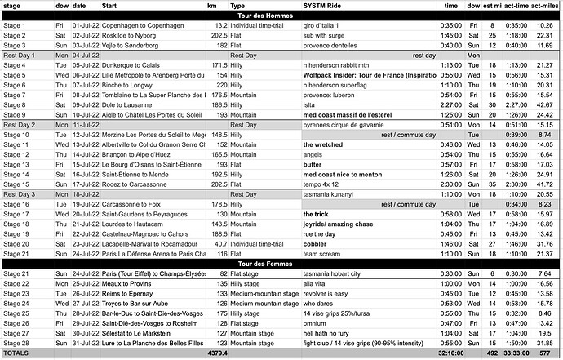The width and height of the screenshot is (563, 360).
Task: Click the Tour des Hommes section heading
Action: tap(281, 16)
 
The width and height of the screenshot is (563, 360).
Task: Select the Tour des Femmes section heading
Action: tap(281, 263)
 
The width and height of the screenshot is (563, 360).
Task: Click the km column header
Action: tap(212, 7)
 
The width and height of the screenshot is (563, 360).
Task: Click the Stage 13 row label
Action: tap(16, 164)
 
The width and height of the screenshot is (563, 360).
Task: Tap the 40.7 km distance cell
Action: tap(216, 243)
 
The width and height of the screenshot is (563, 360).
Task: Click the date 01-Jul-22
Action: tap(86, 25)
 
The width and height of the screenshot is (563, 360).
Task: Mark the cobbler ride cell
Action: tap(317, 243)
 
